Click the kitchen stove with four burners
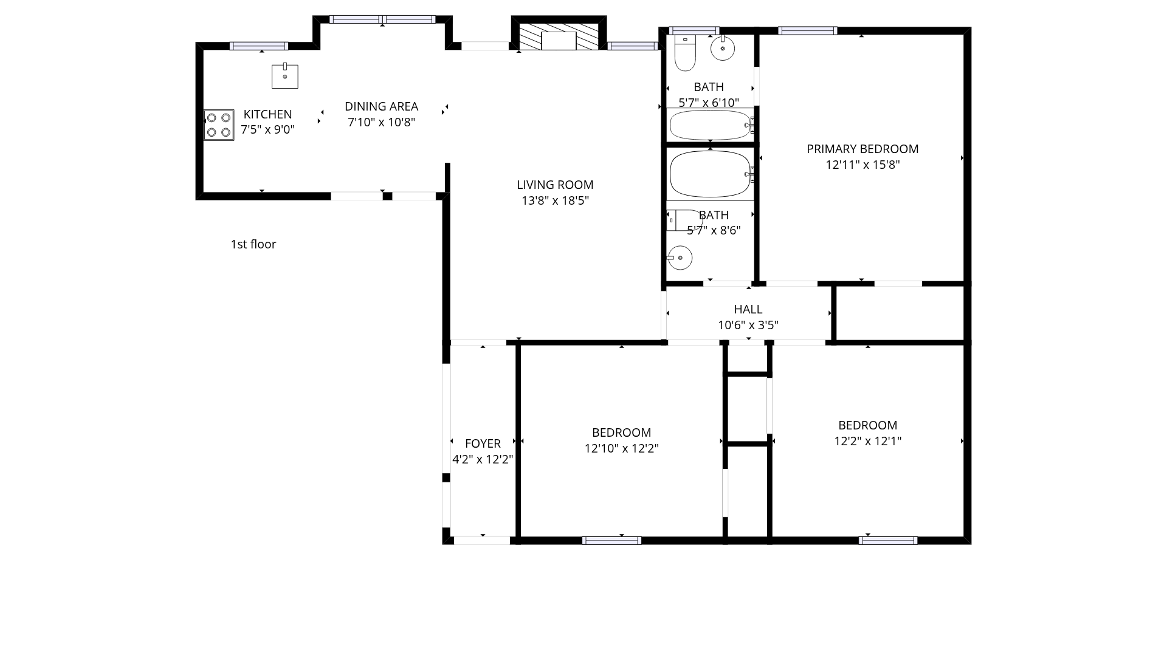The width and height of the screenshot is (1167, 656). click(x=219, y=125)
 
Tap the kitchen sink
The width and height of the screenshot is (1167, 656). click(x=284, y=76)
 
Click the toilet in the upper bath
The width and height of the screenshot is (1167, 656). click(x=685, y=53)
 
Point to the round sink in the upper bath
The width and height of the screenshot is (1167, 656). click(x=723, y=48)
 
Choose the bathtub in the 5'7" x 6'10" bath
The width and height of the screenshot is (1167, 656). click(x=711, y=125)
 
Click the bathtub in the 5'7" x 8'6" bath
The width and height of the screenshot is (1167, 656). click(x=711, y=174)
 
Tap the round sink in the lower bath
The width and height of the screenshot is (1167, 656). click(x=680, y=258)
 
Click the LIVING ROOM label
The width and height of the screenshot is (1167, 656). click(x=555, y=185)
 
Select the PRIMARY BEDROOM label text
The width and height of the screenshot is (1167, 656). click(x=862, y=149)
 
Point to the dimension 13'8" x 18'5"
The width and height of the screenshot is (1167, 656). click(x=555, y=200)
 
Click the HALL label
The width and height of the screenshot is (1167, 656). click(x=748, y=309)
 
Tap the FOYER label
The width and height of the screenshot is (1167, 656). click(x=483, y=443)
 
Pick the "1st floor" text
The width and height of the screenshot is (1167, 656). click(x=253, y=244)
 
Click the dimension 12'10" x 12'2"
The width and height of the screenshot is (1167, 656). click(x=621, y=448)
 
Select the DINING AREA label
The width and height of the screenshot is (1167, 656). click(x=381, y=106)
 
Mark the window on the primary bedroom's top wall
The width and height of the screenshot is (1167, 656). click(x=807, y=31)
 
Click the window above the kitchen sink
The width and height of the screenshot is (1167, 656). click(x=258, y=46)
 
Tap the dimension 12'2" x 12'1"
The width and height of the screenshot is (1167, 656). click(x=867, y=441)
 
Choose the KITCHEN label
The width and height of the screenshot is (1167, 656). click(x=267, y=114)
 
